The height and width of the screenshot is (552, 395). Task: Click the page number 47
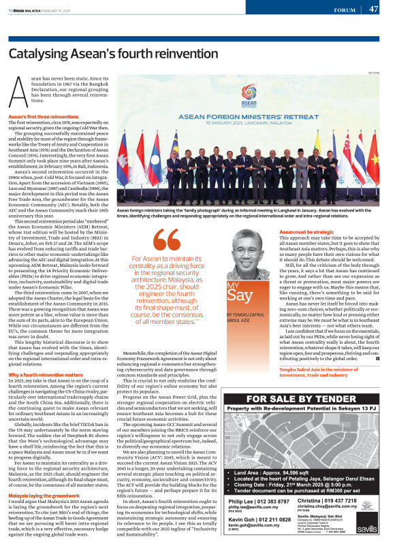pos(374,10)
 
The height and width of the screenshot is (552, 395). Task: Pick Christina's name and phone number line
pos(331,500)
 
